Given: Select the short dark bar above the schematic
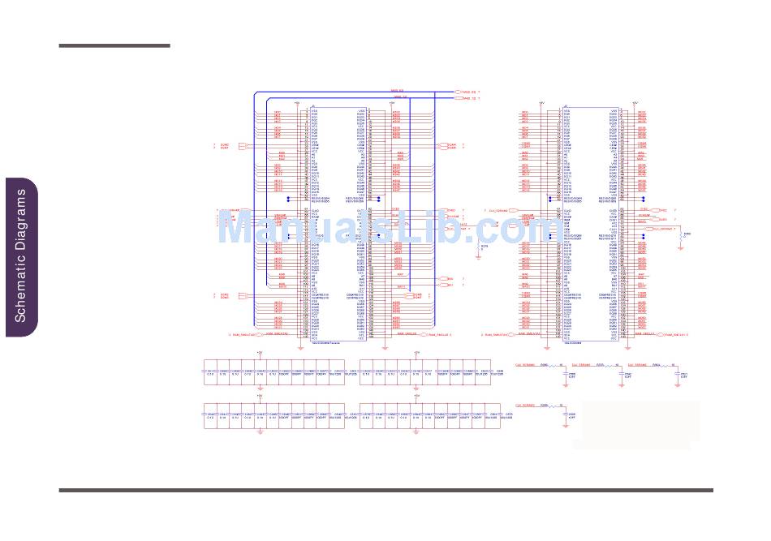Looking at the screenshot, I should pos(114,46).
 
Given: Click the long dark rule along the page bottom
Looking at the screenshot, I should pos(385,490).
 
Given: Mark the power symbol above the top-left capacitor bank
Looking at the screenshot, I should pos(260,353).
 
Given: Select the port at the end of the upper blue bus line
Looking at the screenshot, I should pos(455,93).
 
